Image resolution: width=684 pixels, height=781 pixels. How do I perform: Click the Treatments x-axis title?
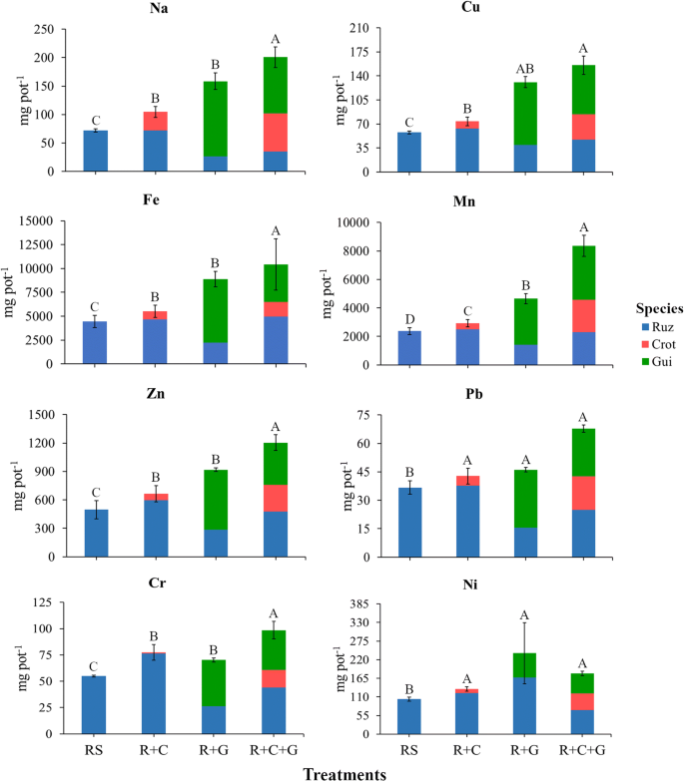coord(344,771)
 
